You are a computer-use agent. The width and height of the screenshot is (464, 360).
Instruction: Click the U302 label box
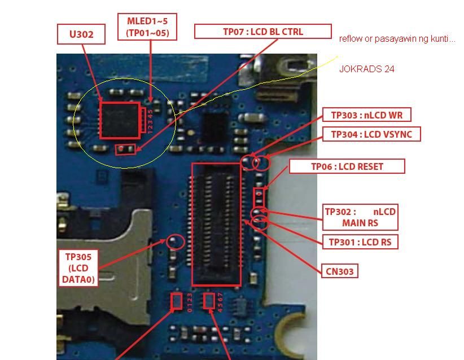click(81, 34)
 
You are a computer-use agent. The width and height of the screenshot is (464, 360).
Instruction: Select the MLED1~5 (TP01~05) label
click(147, 27)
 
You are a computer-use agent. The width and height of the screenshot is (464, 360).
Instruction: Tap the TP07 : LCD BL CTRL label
click(263, 32)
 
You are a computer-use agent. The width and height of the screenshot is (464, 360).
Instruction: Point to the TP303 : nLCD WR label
click(367, 115)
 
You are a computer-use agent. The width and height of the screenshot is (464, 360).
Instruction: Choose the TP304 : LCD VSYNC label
click(371, 134)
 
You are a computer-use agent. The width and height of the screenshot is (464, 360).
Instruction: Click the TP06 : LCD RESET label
click(347, 166)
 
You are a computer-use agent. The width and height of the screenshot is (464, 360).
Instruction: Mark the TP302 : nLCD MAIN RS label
click(360, 217)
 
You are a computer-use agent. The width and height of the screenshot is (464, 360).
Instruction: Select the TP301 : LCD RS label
click(360, 242)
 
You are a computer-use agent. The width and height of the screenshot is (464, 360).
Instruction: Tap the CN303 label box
click(340, 271)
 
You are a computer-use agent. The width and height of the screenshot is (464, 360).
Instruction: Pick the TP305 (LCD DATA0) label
click(78, 268)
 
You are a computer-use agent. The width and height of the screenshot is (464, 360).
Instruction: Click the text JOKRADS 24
click(367, 69)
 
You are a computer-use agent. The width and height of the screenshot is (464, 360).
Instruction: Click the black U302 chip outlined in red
click(120, 120)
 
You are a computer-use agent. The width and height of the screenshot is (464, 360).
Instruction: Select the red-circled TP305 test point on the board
click(175, 242)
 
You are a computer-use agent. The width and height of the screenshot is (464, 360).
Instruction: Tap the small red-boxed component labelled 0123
click(176, 301)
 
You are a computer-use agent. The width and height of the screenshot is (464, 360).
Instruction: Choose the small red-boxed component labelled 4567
click(209, 301)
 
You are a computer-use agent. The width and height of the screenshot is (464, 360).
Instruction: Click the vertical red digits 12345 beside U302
click(150, 121)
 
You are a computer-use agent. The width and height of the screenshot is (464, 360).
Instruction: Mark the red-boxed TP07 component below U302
click(125, 150)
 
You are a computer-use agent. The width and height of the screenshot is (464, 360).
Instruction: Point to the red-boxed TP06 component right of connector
click(259, 197)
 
